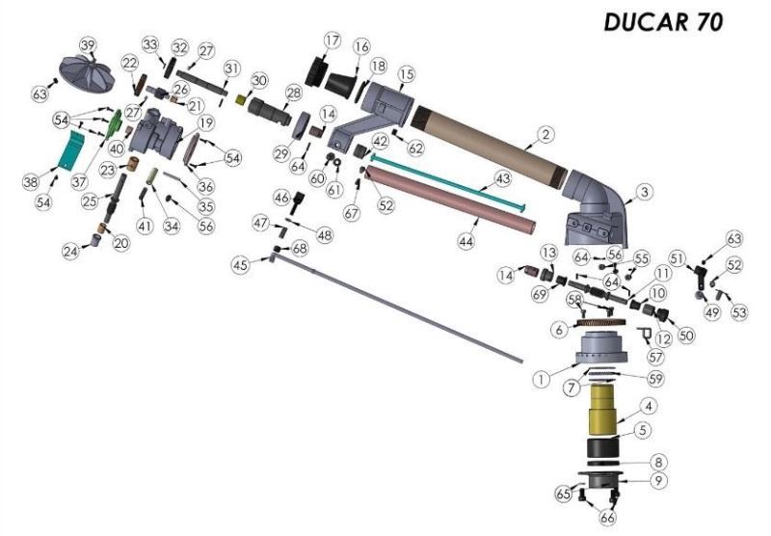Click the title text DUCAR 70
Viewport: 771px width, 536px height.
[662, 22]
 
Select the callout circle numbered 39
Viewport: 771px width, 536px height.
[88, 46]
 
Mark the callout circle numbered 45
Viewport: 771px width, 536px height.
[241, 264]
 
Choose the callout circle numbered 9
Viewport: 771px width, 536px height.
[658, 479]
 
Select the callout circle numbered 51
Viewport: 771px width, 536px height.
[677, 258]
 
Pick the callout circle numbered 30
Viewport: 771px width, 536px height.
[258, 80]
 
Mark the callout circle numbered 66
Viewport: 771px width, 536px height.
[607, 518]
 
